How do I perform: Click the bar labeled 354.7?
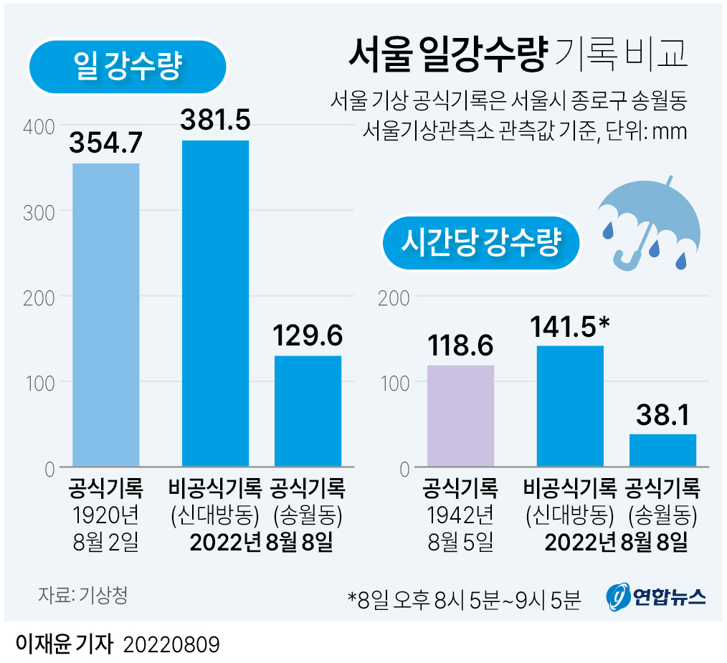106,315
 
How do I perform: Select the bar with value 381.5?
215,304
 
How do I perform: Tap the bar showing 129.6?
308,411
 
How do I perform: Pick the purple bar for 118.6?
460,416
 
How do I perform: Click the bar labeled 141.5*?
570,406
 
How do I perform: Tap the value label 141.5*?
570,326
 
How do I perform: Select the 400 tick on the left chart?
39,127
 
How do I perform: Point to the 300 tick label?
39,211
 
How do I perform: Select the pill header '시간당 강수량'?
480,243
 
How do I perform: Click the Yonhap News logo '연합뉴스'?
657,596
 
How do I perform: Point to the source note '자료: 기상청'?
82,596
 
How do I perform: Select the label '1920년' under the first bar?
106,515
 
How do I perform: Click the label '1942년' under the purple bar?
460,515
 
